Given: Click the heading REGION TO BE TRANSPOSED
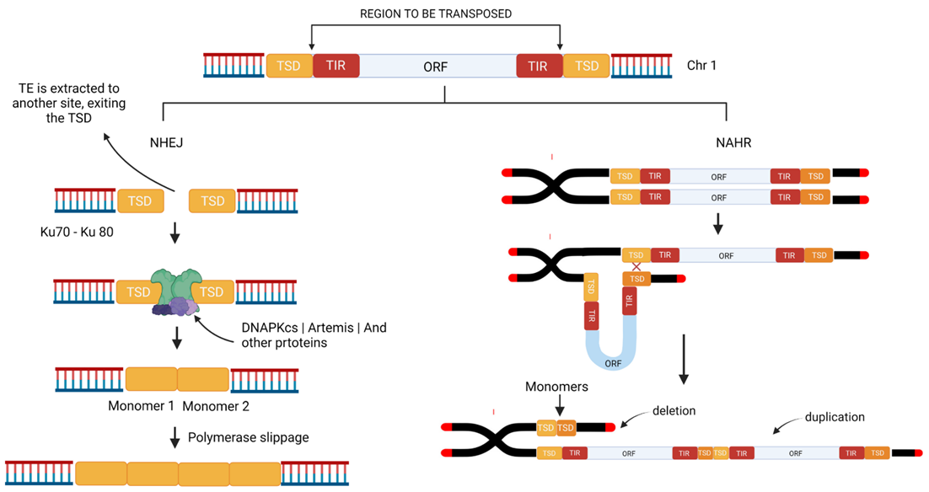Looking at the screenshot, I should point(435,14).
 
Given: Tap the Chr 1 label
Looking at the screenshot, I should point(701,66).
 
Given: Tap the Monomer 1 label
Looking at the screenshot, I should point(141,406).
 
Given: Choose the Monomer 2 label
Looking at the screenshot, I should point(216,406).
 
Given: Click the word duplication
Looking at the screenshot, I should point(835,416).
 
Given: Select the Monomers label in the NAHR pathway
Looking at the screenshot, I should point(556,388).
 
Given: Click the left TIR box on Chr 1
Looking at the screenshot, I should point(336,66).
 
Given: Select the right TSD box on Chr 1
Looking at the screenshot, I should point(587,66).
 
